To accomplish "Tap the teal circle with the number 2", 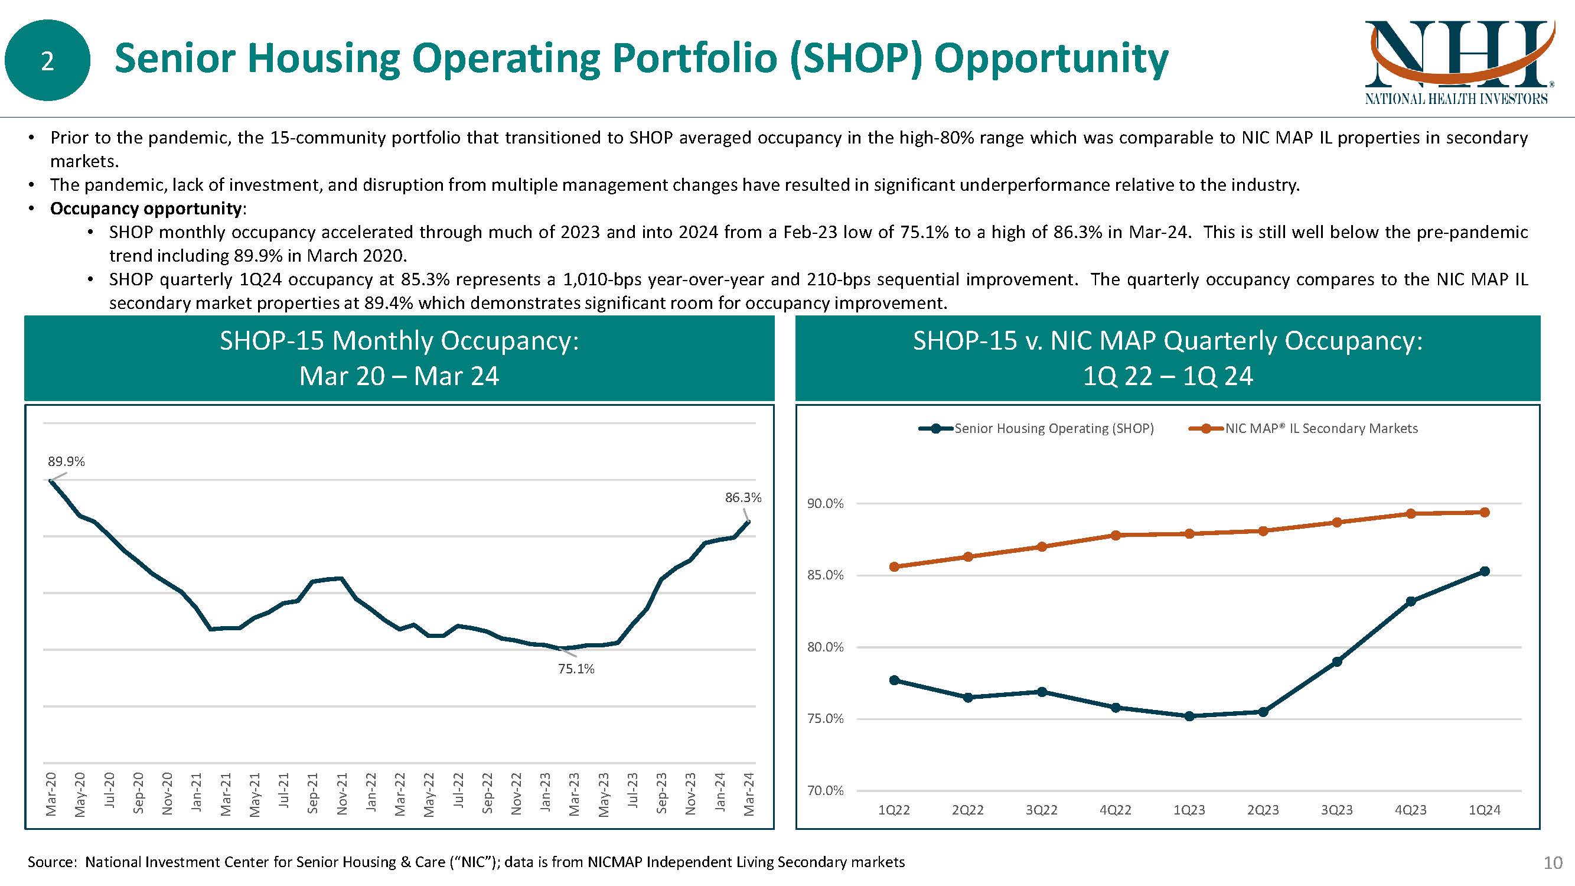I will click(47, 60).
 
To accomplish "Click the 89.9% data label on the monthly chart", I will click(66, 462).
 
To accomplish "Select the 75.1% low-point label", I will click(576, 669).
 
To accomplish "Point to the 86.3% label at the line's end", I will click(743, 498).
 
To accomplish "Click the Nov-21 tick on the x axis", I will click(342, 794).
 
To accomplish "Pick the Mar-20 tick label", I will click(51, 794).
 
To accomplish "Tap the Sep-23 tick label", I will click(661, 794).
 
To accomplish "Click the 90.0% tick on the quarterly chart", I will click(825, 504).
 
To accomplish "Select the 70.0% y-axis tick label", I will click(825, 791).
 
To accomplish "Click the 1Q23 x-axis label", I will click(1189, 810).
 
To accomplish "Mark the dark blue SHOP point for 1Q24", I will click(1484, 571).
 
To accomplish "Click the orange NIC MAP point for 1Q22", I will click(894, 567).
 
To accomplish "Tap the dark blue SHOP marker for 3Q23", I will click(1336, 662).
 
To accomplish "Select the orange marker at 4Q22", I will click(1115, 535).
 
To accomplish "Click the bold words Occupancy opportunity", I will click(145, 209).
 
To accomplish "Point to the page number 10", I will click(1553, 863).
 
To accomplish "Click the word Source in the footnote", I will click(51, 862).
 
